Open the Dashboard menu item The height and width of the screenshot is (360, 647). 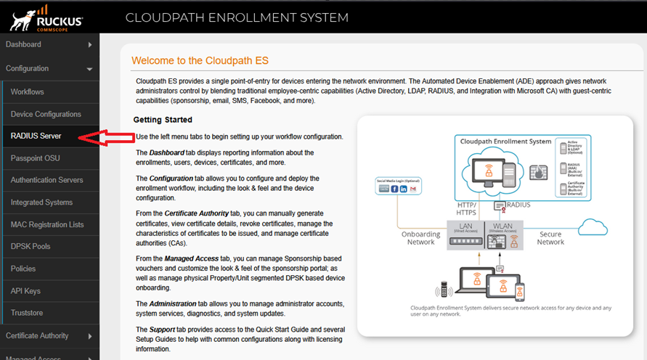click(24, 44)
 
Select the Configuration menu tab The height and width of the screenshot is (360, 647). click(28, 68)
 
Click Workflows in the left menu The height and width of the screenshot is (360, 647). click(28, 92)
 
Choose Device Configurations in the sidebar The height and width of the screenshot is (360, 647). click(46, 114)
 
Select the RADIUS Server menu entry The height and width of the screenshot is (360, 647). click(36, 136)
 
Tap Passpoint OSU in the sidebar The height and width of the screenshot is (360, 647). click(36, 158)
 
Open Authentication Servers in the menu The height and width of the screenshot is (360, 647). click(47, 180)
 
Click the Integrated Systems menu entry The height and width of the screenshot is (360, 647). click(42, 202)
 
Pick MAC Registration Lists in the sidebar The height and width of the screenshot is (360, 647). click(47, 225)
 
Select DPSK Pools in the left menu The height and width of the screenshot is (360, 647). click(30, 247)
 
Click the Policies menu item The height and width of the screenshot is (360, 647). click(23, 269)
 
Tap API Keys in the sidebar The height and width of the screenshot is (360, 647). click(26, 291)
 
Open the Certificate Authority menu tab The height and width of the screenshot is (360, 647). click(37, 335)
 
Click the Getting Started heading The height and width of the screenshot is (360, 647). click(163, 120)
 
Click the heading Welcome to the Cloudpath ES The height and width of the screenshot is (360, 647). click(200, 60)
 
